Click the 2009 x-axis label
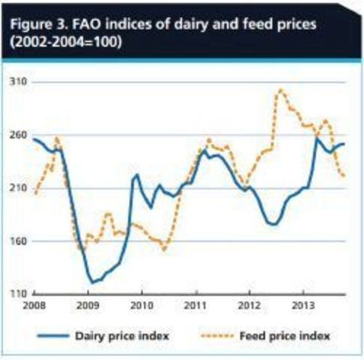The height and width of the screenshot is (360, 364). [88, 306]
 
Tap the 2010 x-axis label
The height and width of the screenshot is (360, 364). [142, 306]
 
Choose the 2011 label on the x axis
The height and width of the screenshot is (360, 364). [195, 306]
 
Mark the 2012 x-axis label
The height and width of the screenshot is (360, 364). [249, 306]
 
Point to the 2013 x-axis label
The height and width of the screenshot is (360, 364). [302, 306]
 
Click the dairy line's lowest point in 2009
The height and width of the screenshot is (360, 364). [93, 283]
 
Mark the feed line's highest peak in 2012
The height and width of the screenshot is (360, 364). [280, 90]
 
